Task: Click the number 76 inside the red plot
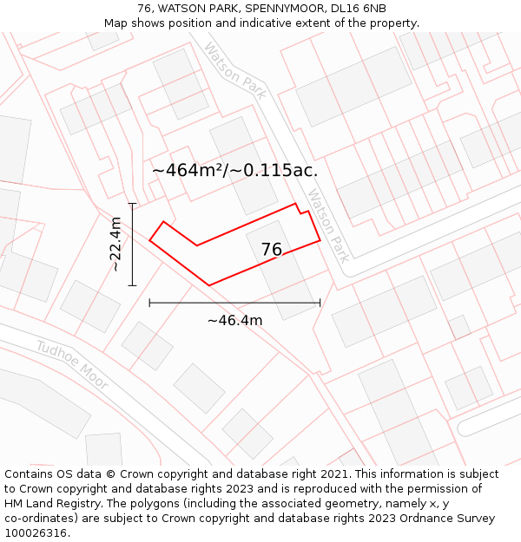coord(272,250)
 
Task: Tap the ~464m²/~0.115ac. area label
coord(234,170)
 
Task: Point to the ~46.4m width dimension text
coord(234,321)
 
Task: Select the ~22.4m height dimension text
coord(115,245)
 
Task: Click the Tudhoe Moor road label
coord(72,365)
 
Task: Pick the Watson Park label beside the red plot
coord(329,226)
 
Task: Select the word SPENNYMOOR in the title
coord(279,9)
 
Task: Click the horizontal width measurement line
coord(234,303)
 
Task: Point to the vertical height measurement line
coord(132,245)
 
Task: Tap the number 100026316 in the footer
coord(37,533)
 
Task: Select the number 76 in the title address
coord(145,9)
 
